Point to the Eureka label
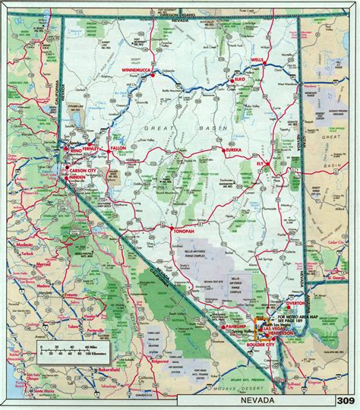tap(232, 151)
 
